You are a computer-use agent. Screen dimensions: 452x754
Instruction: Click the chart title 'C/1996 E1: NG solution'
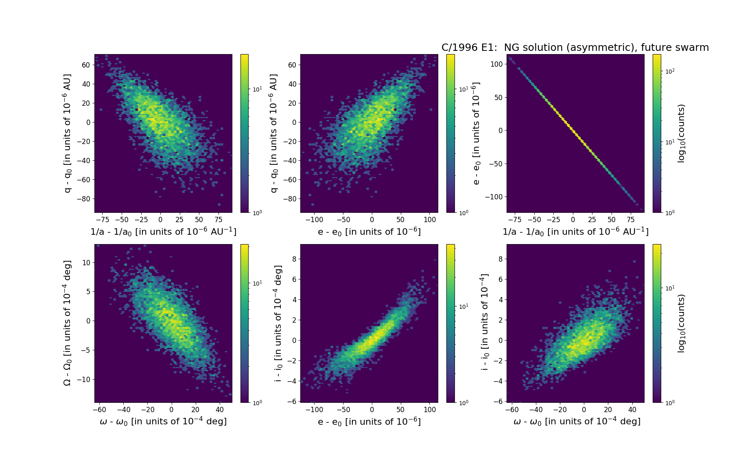pyautogui.click(x=575, y=48)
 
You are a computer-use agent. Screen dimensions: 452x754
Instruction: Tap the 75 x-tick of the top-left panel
pyautogui.click(x=219, y=220)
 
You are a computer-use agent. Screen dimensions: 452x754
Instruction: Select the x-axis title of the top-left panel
pyautogui.click(x=163, y=231)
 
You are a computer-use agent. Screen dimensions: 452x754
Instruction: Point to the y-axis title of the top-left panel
pyautogui.click(x=67, y=133)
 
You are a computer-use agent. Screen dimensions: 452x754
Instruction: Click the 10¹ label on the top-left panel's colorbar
pyautogui.click(x=257, y=89)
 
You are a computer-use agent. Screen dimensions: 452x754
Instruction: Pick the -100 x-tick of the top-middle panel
pyautogui.click(x=314, y=220)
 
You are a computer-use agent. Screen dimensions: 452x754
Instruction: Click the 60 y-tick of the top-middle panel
pyautogui.click(x=292, y=65)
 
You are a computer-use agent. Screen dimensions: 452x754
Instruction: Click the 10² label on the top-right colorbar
pyautogui.click(x=670, y=71)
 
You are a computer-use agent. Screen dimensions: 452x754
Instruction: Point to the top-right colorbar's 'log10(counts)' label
pyautogui.click(x=681, y=133)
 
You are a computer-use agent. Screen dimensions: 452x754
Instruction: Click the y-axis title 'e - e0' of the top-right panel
pyautogui.click(x=476, y=133)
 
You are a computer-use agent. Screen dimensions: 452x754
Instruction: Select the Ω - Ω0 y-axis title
pyautogui.click(x=67, y=323)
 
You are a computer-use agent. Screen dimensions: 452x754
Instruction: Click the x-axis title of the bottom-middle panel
pyautogui.click(x=369, y=421)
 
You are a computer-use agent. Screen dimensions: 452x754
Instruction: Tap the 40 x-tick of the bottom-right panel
pyautogui.click(x=632, y=410)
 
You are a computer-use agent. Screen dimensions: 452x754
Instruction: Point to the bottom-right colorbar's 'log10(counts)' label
pyautogui.click(x=681, y=323)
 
